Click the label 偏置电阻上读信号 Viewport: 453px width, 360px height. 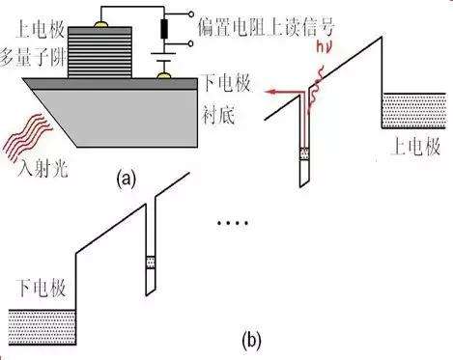point(266,27)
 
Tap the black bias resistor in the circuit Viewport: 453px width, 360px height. point(165,29)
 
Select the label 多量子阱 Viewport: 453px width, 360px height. point(32,59)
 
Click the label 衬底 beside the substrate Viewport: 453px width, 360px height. point(218,115)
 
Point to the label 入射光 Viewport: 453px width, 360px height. point(42,168)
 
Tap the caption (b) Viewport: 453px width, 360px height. point(251,341)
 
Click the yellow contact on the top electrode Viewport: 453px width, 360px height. point(100,24)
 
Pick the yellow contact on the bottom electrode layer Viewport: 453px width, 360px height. point(165,75)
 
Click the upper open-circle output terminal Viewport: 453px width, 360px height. point(191,14)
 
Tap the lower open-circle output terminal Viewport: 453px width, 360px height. point(191,43)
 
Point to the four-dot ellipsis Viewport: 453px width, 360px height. point(233,223)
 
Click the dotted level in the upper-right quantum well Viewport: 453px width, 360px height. point(304,153)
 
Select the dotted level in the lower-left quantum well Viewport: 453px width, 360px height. point(151,263)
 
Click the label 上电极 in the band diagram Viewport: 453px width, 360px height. point(415,148)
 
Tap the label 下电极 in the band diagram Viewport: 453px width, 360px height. point(42,288)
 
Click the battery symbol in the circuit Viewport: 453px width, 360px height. point(165,57)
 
